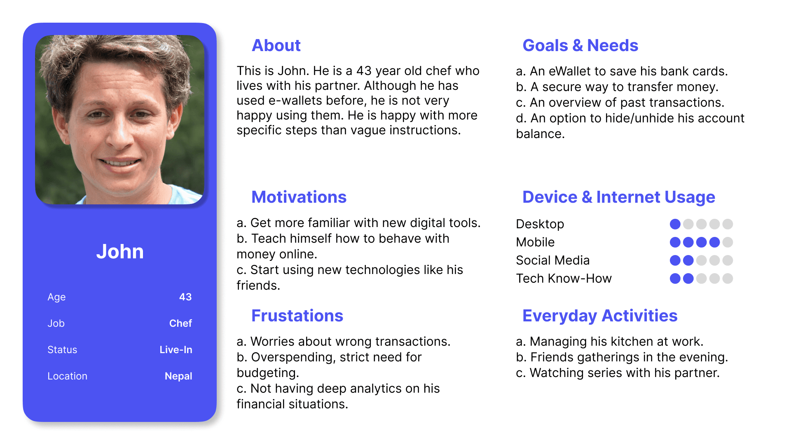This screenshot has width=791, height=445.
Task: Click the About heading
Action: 276,46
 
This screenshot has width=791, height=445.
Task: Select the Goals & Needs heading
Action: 580,46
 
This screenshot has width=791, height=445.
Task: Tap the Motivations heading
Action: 299,197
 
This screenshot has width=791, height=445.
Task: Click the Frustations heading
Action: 297,316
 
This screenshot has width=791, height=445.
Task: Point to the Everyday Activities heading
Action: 599,316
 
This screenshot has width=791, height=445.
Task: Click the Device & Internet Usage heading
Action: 618,197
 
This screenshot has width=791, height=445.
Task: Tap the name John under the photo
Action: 120,252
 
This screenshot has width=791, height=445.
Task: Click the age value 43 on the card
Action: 185,297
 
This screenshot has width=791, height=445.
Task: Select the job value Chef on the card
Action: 180,323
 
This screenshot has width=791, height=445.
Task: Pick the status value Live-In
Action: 176,350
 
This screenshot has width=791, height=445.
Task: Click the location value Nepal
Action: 178,376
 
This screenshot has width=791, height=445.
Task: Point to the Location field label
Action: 67,376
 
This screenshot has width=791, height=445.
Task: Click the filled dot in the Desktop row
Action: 675,224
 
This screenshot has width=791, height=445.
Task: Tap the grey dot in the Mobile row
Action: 728,242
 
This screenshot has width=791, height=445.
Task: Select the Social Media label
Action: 552,260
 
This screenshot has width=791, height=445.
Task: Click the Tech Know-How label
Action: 564,279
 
